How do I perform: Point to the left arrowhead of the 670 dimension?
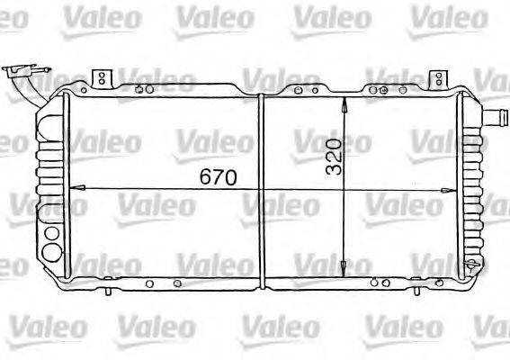click(74, 189)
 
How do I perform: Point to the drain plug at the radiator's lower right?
click(470, 262)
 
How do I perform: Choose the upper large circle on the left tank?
click(51, 235)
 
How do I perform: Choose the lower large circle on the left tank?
click(51, 251)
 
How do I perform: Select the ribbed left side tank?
click(52, 171)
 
